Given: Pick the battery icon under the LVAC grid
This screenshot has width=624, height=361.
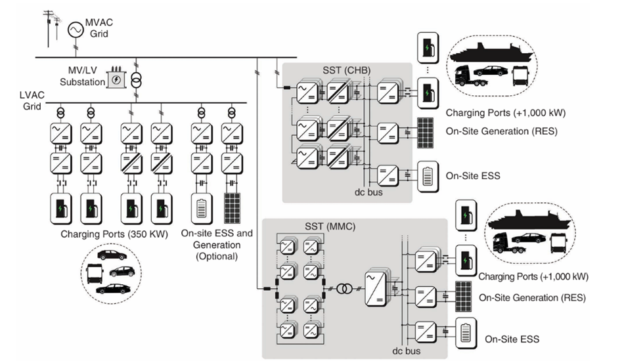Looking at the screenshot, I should tap(200, 209).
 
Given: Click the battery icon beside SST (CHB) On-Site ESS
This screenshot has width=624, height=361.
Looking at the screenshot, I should tap(428, 177).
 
